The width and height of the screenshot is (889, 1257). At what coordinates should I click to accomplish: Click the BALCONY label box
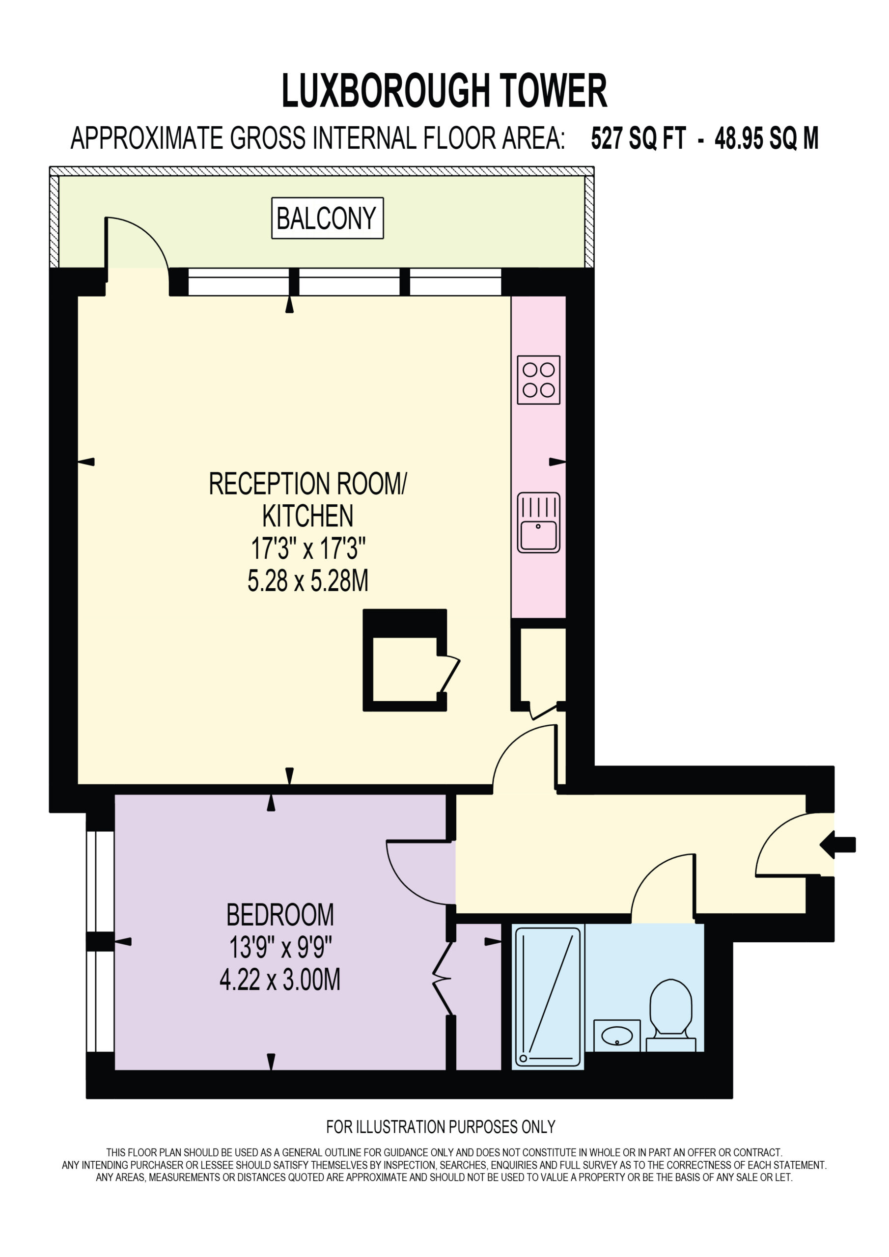[x=327, y=218]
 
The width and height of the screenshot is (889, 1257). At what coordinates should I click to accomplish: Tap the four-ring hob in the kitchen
[x=538, y=380]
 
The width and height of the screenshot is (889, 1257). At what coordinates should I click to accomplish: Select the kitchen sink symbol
[x=538, y=522]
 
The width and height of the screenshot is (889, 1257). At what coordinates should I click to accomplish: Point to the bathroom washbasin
[x=617, y=1035]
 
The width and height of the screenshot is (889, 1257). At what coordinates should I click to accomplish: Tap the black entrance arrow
[x=837, y=845]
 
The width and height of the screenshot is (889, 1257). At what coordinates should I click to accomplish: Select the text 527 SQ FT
[x=638, y=138]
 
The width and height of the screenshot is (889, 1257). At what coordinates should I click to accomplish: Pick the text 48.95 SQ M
[x=766, y=138]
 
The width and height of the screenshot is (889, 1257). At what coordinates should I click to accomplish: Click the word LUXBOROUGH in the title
[x=385, y=90]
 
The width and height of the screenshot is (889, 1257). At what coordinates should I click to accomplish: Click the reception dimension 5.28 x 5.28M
[x=308, y=581]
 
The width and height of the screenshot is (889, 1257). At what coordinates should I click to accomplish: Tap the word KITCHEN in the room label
[x=308, y=516]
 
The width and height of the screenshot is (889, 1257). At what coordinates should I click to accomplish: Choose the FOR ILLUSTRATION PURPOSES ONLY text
[x=441, y=1127]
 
